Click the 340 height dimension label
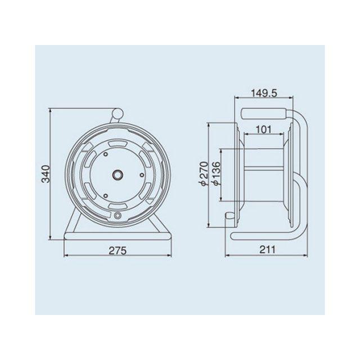47,174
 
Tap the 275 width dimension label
118,250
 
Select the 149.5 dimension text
264,93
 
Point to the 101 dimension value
264,130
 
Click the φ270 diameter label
204,173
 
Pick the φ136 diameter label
216,173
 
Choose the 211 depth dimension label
267,250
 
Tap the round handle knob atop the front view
118,114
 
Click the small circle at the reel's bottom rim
118,215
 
